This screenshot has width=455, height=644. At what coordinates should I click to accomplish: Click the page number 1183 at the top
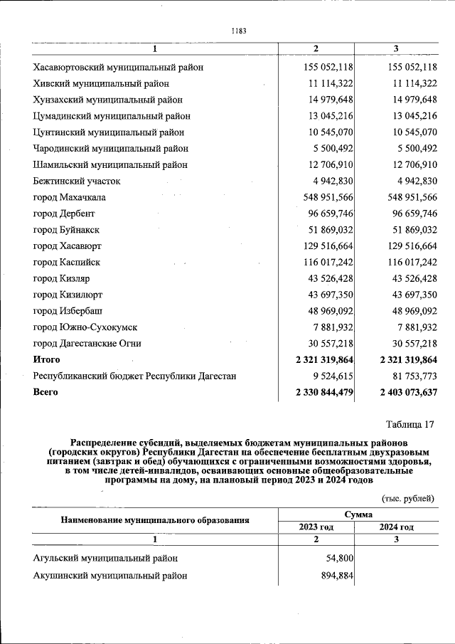(239, 30)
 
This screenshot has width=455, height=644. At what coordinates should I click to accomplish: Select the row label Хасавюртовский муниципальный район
(119, 67)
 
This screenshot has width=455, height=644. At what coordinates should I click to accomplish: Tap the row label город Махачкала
(69, 197)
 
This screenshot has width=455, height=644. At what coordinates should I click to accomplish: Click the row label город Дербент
(64, 213)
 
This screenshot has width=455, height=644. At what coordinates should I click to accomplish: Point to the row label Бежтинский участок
(77, 181)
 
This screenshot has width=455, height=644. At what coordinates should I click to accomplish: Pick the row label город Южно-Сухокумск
(85, 327)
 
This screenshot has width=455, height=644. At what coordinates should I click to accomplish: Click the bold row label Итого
(47, 359)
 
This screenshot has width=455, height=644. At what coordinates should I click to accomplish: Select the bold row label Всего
(45, 392)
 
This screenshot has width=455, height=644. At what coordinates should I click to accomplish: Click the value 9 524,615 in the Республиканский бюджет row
(329, 376)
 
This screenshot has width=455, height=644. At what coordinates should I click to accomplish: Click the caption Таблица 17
(410, 425)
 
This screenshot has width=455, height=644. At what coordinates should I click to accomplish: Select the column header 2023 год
(316, 527)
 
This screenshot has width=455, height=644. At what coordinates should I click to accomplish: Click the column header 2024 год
(395, 527)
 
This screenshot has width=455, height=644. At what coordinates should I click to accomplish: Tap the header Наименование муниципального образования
(155, 520)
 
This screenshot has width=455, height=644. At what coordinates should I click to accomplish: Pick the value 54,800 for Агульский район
(338, 559)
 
